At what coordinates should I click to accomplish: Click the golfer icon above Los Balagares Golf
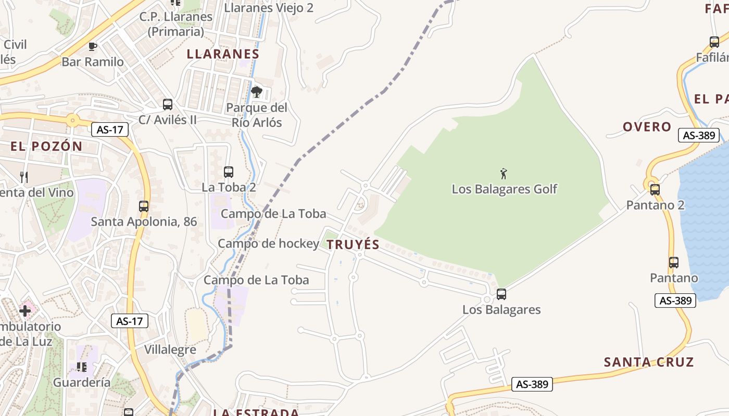(504, 174)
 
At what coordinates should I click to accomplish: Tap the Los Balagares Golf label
(504, 189)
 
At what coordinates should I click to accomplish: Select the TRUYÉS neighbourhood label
(353, 245)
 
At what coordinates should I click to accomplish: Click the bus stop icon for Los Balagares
(501, 294)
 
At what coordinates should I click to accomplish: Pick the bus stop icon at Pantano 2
(655, 190)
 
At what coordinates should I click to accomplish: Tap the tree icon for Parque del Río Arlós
(256, 93)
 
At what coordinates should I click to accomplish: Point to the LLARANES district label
(223, 54)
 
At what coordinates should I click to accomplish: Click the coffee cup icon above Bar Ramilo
(93, 47)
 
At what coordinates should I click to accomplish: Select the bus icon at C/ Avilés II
(167, 105)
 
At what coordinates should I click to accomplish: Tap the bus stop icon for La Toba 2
(228, 172)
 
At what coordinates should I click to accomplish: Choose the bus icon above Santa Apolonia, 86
(144, 206)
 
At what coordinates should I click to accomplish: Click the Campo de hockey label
(268, 243)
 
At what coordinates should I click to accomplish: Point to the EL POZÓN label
(47, 147)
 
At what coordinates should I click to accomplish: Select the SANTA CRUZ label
(649, 362)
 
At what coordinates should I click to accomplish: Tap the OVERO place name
(647, 127)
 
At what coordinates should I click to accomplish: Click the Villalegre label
(170, 349)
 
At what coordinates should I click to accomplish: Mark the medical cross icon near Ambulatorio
(25, 311)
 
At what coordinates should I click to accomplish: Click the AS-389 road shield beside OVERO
(699, 135)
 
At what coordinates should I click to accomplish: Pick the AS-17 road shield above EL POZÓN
(109, 129)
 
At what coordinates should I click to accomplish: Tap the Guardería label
(82, 383)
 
